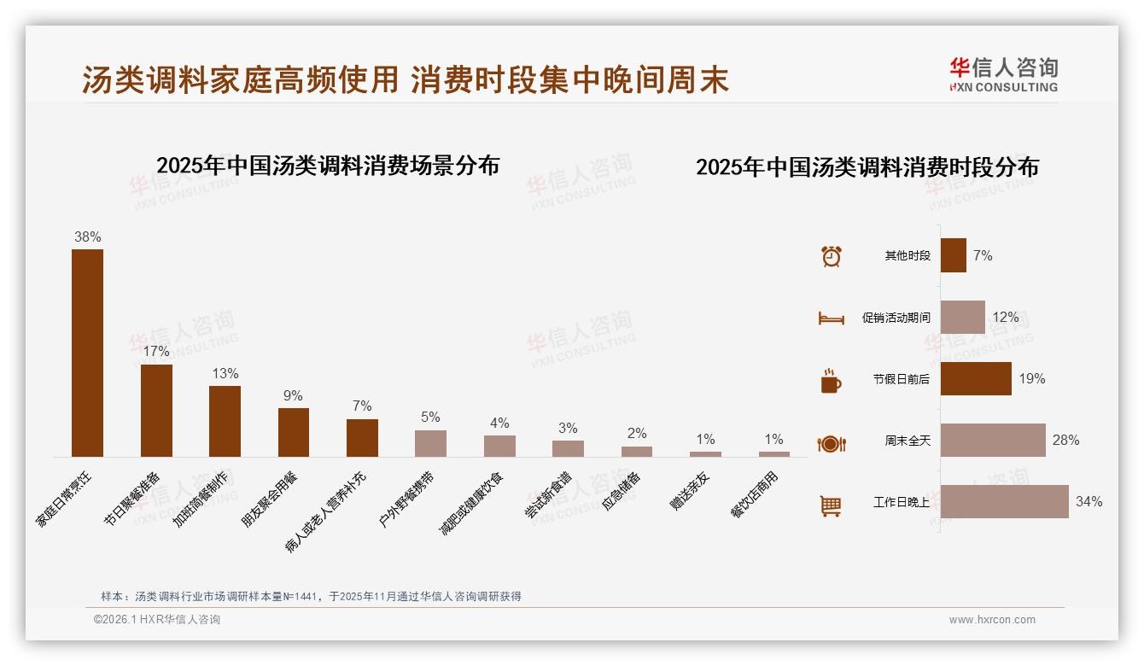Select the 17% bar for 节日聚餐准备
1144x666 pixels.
156,411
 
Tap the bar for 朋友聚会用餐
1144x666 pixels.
294,432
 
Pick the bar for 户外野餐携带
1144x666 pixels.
430,443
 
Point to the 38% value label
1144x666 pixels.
87,237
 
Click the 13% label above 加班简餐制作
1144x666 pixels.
225,374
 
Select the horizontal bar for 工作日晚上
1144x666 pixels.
1004,501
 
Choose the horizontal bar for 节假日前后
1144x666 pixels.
976,378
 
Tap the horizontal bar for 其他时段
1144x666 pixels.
953,255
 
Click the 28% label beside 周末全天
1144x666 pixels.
1065,441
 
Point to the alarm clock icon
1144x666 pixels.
831,256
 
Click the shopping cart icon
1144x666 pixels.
831,505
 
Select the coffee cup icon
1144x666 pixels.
831,381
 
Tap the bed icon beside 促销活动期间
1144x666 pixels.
831,318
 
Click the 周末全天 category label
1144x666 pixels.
907,441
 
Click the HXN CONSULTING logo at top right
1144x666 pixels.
1003,75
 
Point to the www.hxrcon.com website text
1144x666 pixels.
992,620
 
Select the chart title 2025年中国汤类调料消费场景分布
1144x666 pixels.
328,166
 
